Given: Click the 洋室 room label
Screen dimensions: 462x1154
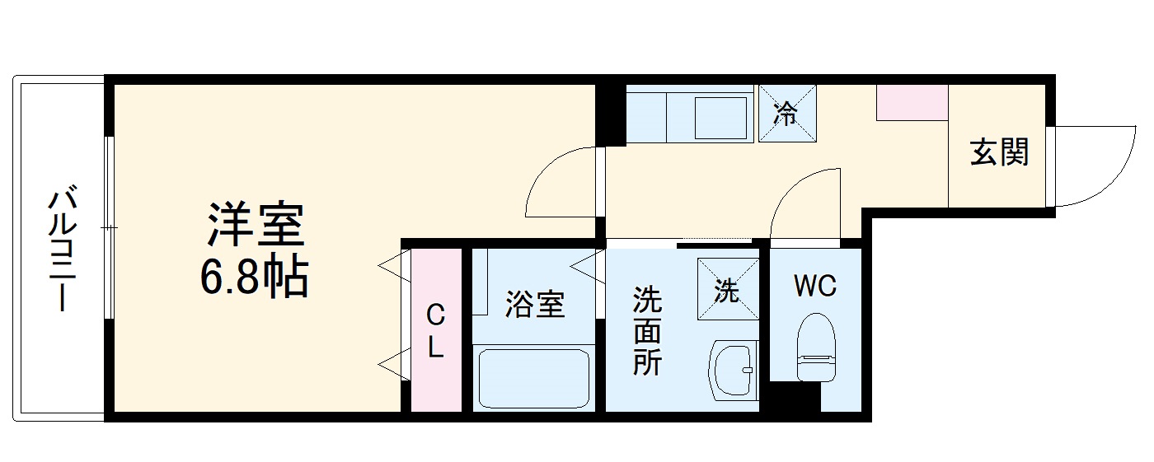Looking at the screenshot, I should [x=256, y=223].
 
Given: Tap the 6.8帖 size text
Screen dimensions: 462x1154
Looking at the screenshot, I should [x=253, y=278].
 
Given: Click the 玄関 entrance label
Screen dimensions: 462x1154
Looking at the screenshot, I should [x=999, y=152].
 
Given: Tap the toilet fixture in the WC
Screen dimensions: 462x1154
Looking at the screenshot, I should [x=816, y=347].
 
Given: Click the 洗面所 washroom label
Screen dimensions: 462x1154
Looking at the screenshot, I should [x=647, y=330].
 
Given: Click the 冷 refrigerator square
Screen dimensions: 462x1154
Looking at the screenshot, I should [x=786, y=114].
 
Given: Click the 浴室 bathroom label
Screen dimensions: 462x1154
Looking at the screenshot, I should [x=535, y=306].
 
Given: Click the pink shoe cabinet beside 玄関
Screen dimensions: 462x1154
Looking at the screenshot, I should [x=912, y=102].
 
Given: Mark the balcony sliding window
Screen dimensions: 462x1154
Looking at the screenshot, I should [x=108, y=226].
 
